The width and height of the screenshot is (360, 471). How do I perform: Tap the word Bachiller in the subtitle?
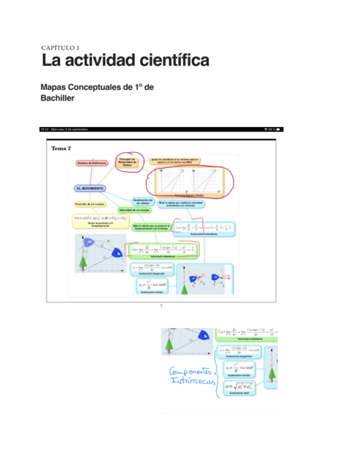[58, 98]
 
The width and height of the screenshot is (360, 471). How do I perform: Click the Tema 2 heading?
[61, 148]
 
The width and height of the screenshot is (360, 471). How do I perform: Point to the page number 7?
[161, 306]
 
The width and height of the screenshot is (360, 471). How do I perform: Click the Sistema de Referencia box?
[92, 163]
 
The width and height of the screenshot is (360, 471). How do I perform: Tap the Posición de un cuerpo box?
[89, 204]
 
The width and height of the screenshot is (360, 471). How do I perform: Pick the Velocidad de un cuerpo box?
[134, 210]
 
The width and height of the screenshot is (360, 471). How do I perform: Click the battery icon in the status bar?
[279, 129]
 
